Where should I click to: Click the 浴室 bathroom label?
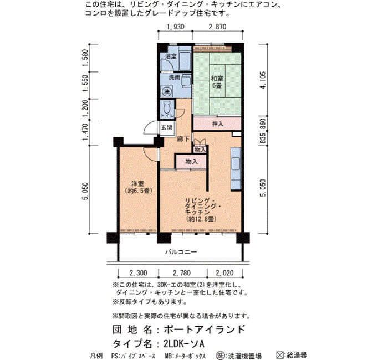[171, 56]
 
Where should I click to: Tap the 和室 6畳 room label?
[217, 82]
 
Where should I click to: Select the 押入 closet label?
[217, 124]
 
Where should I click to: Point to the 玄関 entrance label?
[166, 127]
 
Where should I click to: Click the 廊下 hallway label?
[183, 139]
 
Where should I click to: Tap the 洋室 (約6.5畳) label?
[138, 187]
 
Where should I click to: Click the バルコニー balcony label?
[181, 252]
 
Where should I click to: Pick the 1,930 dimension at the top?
[175, 27]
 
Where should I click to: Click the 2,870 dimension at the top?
[217, 27]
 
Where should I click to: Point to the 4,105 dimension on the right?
[263, 80]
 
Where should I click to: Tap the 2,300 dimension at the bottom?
[139, 273]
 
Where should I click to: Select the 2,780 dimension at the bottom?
[182, 273]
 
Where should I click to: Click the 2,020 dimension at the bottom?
[224, 273]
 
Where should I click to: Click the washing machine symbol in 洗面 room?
[166, 92]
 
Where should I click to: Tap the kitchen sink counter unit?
[236, 168]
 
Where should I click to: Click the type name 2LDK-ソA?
[184, 343]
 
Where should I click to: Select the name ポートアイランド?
[205, 329]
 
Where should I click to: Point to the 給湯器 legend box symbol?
[280, 356]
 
